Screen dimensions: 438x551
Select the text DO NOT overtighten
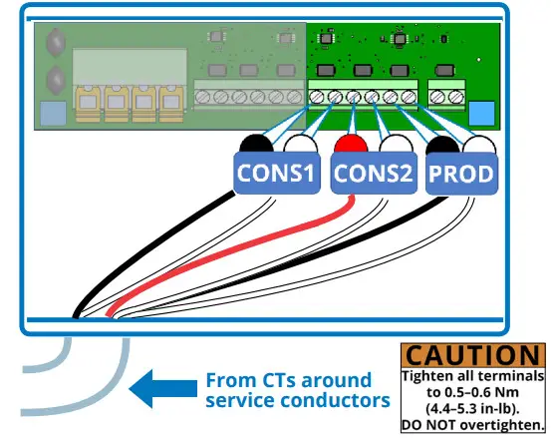pyautogui.click(x=473, y=425)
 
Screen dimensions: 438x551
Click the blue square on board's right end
pyautogui.click(x=480, y=113)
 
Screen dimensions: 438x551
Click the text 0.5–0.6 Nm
pyautogui.click(x=473, y=392)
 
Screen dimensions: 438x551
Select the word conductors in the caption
pyautogui.click(x=339, y=400)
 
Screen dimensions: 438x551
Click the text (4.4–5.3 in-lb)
pyautogui.click(x=473, y=408)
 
